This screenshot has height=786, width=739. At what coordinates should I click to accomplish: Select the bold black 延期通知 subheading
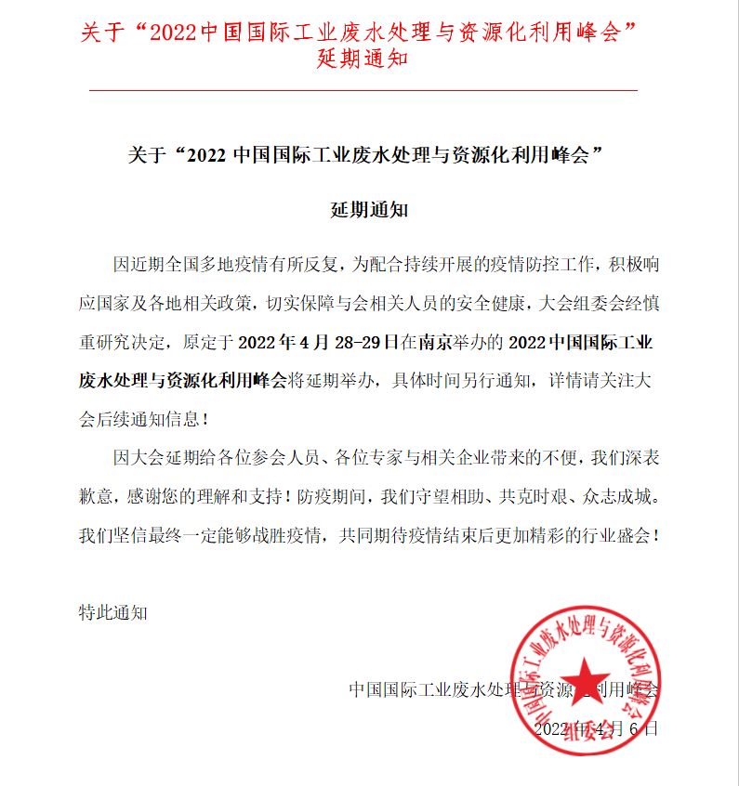point(369,209)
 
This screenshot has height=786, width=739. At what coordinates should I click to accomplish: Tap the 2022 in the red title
point(174,31)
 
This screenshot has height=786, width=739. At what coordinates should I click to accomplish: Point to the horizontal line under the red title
point(363,90)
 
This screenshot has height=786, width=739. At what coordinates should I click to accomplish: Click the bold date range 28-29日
point(363,342)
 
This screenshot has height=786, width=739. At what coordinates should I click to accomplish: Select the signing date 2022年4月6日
point(595,728)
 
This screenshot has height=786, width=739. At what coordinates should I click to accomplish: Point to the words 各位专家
point(365,458)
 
